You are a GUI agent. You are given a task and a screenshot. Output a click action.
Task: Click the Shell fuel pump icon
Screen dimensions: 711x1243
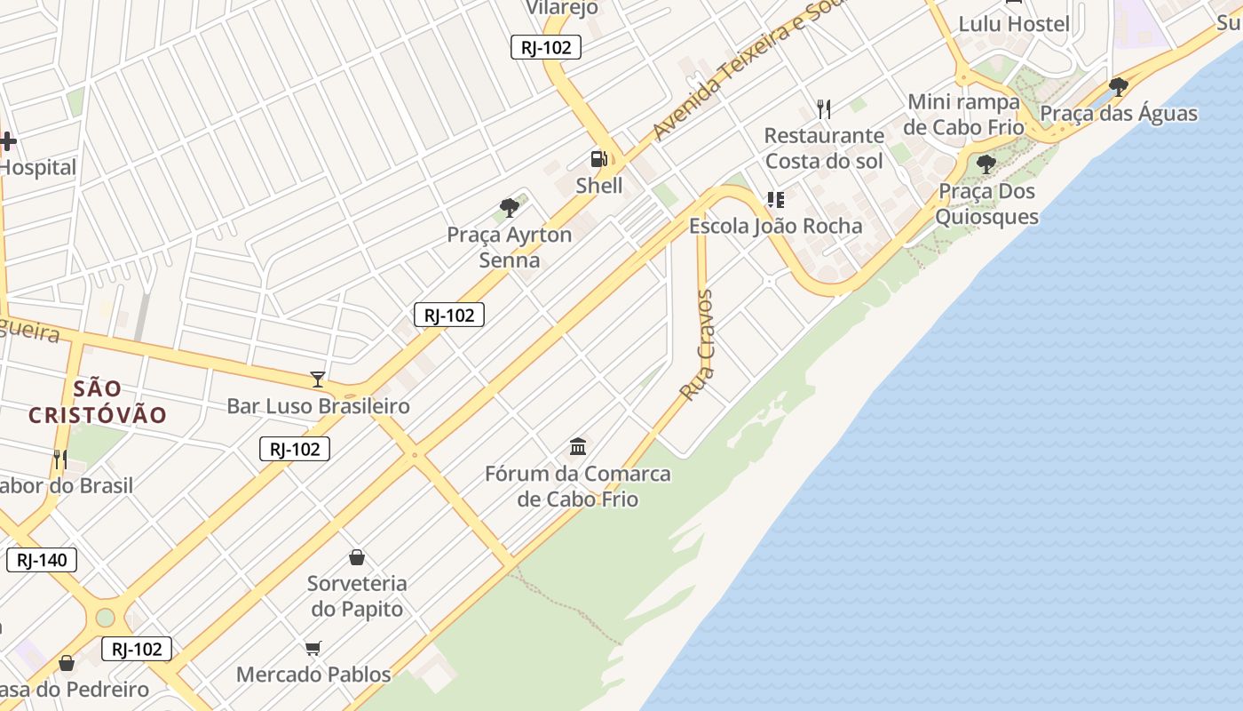click(x=599, y=159)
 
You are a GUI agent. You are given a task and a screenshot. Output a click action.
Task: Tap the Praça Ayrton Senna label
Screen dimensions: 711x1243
click(x=510, y=248)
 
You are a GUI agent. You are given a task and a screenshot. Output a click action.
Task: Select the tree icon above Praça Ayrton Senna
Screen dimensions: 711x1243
click(x=510, y=208)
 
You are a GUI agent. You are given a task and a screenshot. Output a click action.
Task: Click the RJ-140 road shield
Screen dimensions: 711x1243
click(x=42, y=560)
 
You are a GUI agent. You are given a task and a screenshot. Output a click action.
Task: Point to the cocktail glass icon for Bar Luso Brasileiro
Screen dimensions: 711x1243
click(x=318, y=379)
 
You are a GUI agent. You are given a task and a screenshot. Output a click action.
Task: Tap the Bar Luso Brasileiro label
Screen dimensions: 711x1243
click(x=318, y=406)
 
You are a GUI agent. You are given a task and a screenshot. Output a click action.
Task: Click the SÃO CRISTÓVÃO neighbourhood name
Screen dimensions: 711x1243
click(x=98, y=402)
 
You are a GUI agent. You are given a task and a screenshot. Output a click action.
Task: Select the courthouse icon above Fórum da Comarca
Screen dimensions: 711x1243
click(x=578, y=446)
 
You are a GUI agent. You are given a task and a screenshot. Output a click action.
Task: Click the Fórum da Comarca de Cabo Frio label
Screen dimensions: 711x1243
click(x=578, y=486)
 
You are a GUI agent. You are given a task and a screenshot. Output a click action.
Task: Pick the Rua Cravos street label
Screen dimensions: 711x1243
click(x=697, y=344)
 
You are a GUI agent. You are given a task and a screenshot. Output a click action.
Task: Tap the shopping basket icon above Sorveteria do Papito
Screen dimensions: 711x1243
click(x=357, y=557)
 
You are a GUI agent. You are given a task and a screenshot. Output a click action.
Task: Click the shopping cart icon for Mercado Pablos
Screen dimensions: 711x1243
click(x=313, y=648)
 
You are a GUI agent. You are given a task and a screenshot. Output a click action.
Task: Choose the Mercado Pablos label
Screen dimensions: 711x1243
click(x=313, y=675)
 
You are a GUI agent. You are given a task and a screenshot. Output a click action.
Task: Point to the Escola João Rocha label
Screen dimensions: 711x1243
click(x=776, y=226)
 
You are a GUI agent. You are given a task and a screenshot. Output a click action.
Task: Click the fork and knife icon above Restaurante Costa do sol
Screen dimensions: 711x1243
click(x=824, y=109)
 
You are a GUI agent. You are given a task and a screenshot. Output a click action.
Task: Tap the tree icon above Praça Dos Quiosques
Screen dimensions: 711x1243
click(x=986, y=164)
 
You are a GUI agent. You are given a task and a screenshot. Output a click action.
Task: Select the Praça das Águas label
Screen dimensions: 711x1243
click(x=1119, y=114)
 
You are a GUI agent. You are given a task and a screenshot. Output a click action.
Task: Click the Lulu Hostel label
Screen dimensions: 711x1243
click(x=1014, y=24)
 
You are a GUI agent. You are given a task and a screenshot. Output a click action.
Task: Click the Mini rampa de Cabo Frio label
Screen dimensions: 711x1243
click(x=964, y=114)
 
